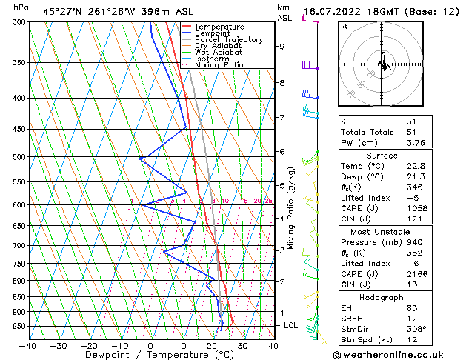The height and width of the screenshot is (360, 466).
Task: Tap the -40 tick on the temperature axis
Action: pyautogui.click(x=28, y=345)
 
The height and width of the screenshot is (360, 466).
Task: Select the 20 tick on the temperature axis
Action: pyautogui.click(x=211, y=345)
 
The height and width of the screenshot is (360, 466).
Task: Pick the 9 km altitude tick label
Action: pyautogui.click(x=282, y=47)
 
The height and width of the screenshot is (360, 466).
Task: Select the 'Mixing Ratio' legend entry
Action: pyautogui.click(x=219, y=65)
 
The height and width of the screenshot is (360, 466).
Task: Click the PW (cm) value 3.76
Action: pyautogui.click(x=414, y=144)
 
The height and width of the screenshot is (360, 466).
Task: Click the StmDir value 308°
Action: pyautogui.click(x=416, y=328)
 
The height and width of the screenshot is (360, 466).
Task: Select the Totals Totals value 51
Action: pyautogui.click(x=411, y=133)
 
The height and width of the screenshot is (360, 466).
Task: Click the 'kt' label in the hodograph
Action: pyautogui.click(x=344, y=27)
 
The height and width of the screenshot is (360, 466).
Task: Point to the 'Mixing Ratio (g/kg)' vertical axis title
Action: pyautogui.click(x=290, y=207)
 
